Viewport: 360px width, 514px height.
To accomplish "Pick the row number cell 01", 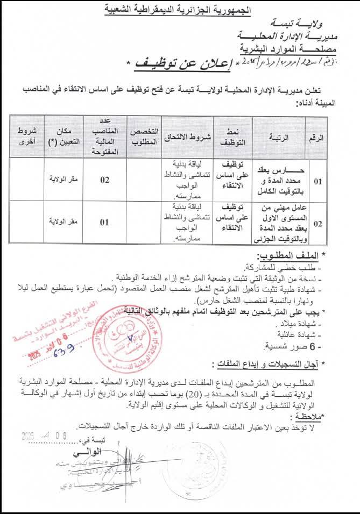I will tap(318, 181).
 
